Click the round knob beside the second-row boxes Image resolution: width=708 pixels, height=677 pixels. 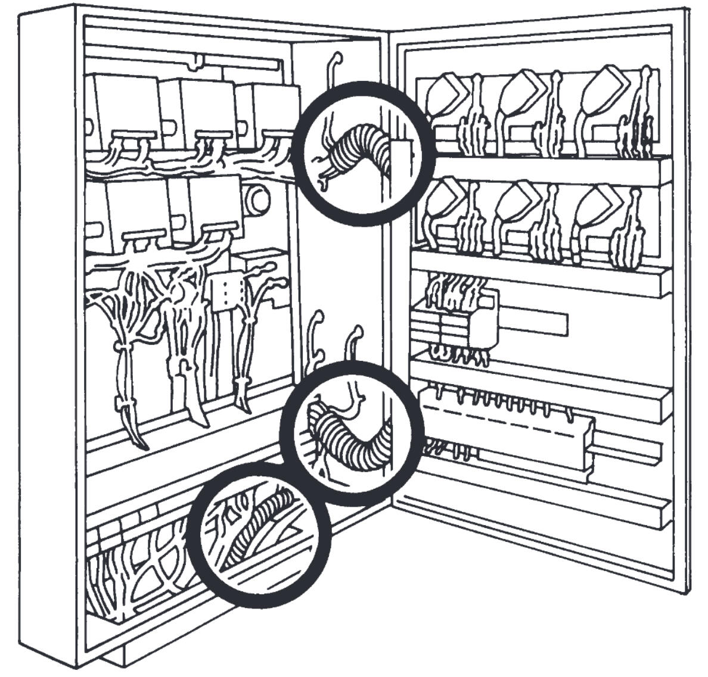point(256,199)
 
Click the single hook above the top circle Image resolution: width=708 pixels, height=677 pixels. point(331,71)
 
